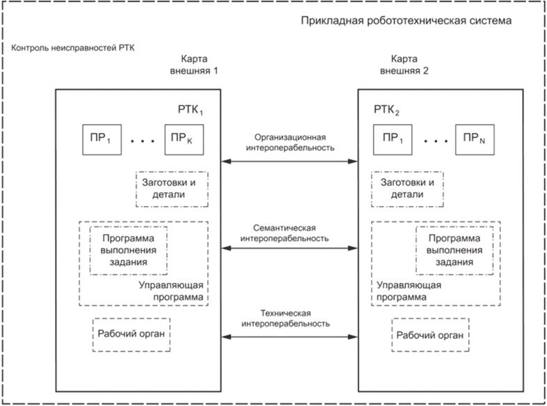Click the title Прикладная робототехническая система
point(407,21)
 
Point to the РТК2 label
point(387,111)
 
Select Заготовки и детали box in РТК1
point(171,188)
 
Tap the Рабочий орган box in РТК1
point(132,334)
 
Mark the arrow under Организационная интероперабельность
point(290,162)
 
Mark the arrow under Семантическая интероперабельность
point(290,249)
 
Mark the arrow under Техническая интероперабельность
point(290,337)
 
